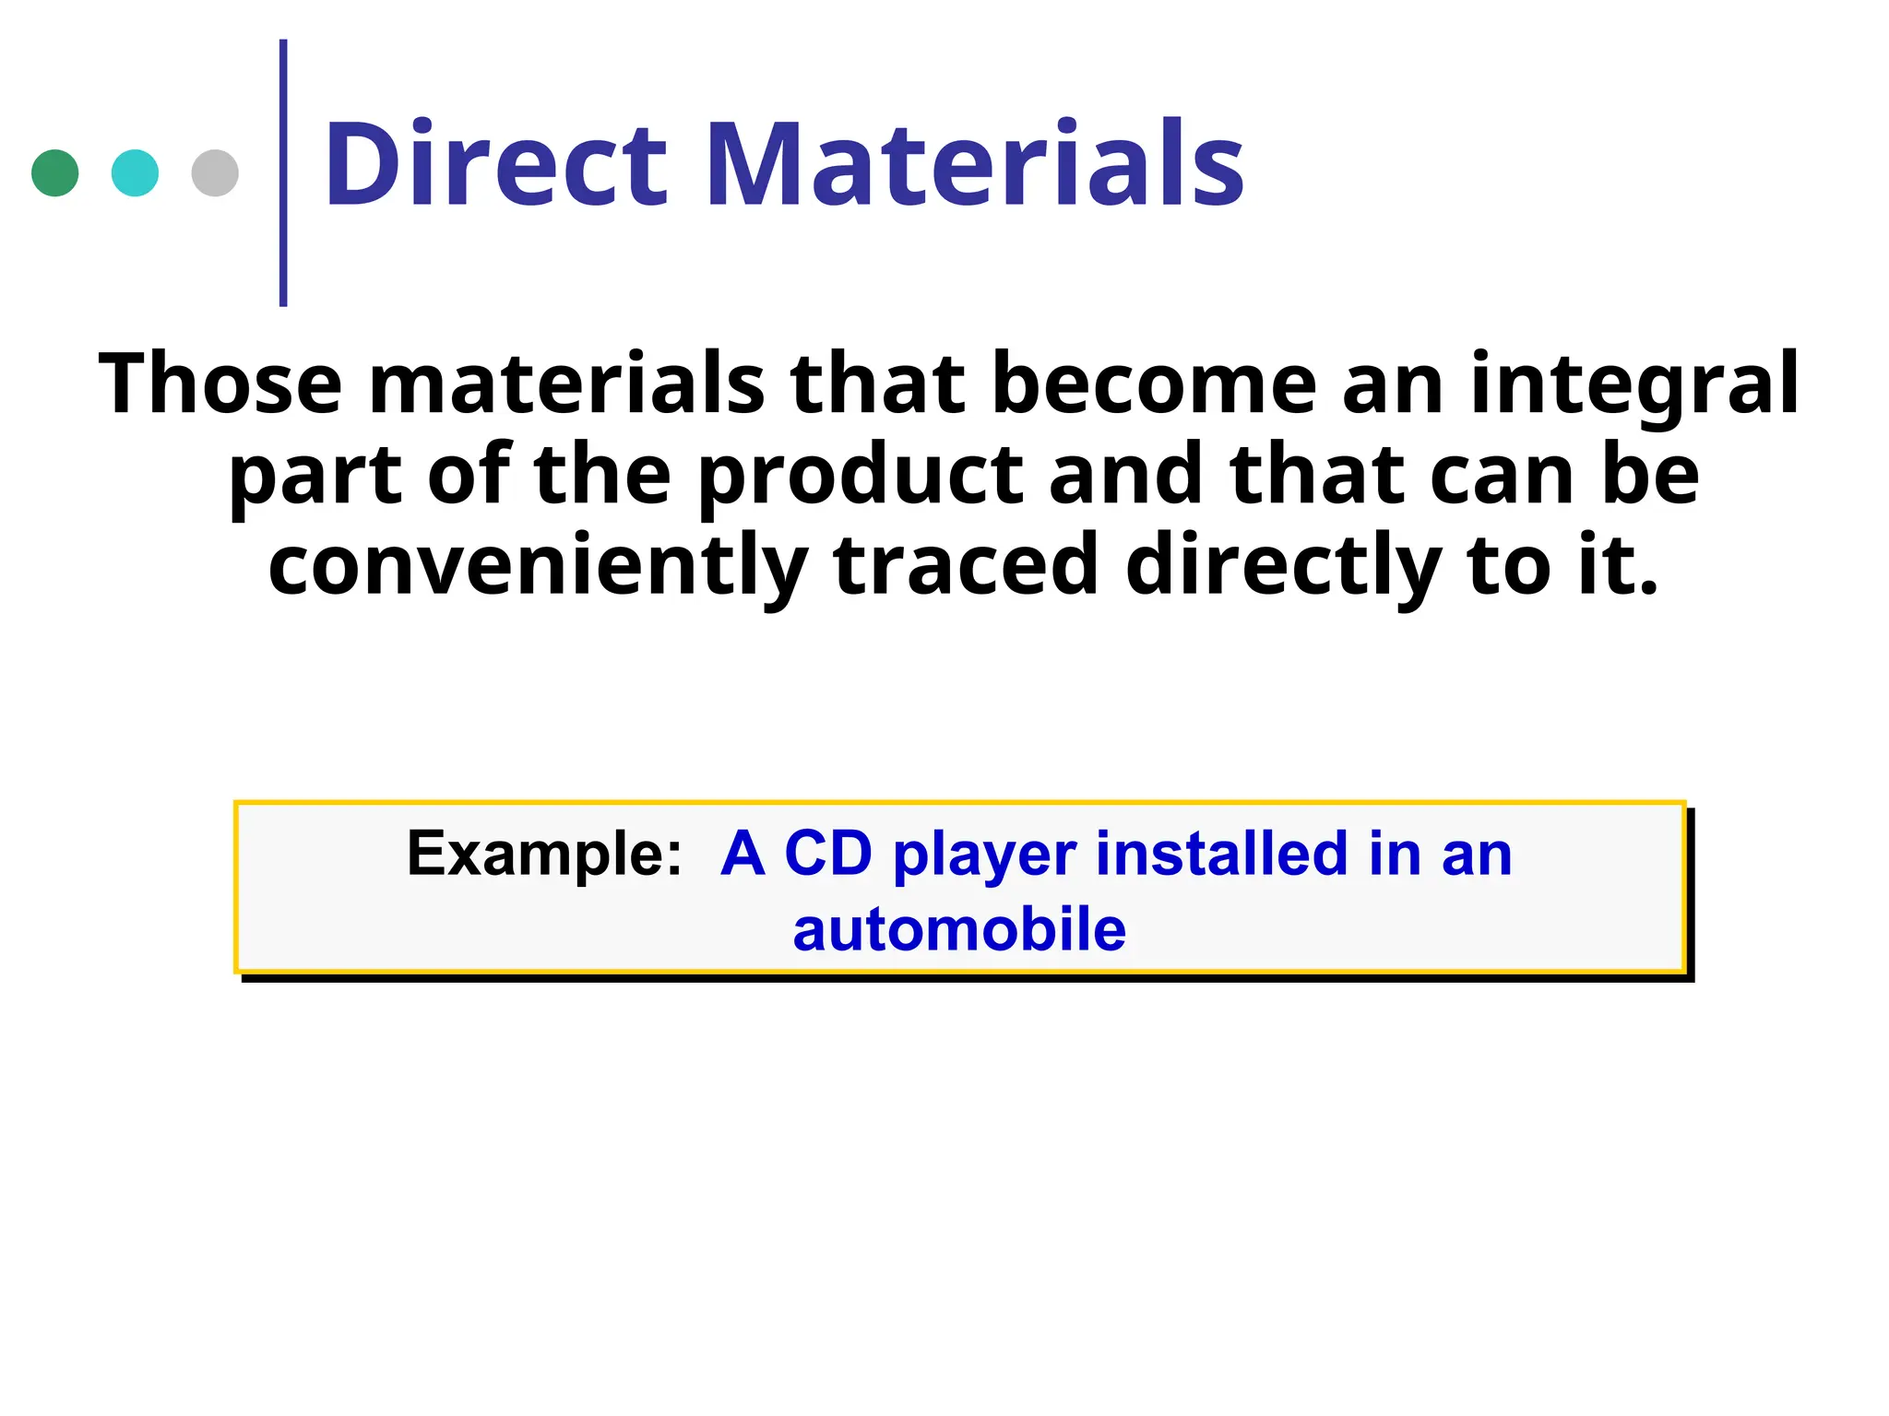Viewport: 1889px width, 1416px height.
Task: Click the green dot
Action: pyautogui.click(x=55, y=173)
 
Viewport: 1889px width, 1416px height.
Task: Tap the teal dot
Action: pyautogui.click(x=135, y=173)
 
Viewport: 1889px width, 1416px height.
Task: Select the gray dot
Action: pyautogui.click(x=215, y=173)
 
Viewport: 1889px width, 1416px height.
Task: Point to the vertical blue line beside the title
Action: pyautogui.click(x=283, y=173)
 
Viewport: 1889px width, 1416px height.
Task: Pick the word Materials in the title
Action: pyautogui.click(x=975, y=166)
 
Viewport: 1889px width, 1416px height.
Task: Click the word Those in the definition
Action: pyautogui.click(x=220, y=383)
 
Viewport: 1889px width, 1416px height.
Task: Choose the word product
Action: pyautogui.click(x=861, y=478)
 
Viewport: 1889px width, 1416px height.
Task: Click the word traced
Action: pyautogui.click(x=966, y=564)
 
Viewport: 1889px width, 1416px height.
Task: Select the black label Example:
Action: pyautogui.click(x=544, y=855)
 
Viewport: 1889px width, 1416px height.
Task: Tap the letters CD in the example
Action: pyautogui.click(x=827, y=853)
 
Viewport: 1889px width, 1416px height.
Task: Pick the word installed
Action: pyautogui.click(x=1221, y=853)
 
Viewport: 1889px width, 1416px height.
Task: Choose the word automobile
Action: pyautogui.click(x=959, y=929)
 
